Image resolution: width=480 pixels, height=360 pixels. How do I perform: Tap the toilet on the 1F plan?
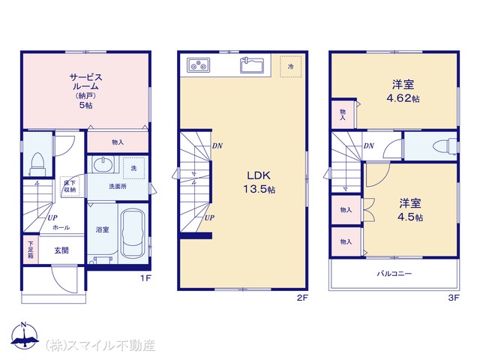pos(37,164)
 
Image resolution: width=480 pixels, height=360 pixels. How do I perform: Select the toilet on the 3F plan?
pos(445,145)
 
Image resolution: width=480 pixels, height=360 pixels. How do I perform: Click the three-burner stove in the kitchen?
pos(198,65)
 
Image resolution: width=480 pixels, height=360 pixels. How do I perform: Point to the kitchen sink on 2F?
pos(252,65)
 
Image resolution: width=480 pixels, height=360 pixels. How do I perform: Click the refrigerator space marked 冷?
pos(290,66)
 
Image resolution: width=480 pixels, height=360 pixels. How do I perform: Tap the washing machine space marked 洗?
pos(133,168)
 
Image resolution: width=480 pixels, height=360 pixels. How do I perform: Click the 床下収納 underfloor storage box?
pos(70,186)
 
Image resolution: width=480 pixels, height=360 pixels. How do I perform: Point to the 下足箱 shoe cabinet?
pos(31,250)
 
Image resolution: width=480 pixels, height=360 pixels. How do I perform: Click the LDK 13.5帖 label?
pos(259,182)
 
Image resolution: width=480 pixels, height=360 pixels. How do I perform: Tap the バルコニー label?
pos(394,273)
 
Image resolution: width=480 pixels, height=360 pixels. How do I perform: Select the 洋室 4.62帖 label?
pos(403,91)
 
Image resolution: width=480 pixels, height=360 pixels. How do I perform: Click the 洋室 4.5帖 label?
pos(410,210)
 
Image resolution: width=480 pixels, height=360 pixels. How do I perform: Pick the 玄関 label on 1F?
pos(61,250)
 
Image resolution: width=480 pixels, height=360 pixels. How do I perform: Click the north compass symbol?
pos(25,335)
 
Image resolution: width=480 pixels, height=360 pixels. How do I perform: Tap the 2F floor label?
pos(302,298)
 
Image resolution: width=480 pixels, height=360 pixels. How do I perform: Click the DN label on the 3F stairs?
pos(369,146)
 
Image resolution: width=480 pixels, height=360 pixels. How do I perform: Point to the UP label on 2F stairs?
pos(209,217)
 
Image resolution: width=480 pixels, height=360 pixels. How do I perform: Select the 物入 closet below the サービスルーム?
pos(118,142)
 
